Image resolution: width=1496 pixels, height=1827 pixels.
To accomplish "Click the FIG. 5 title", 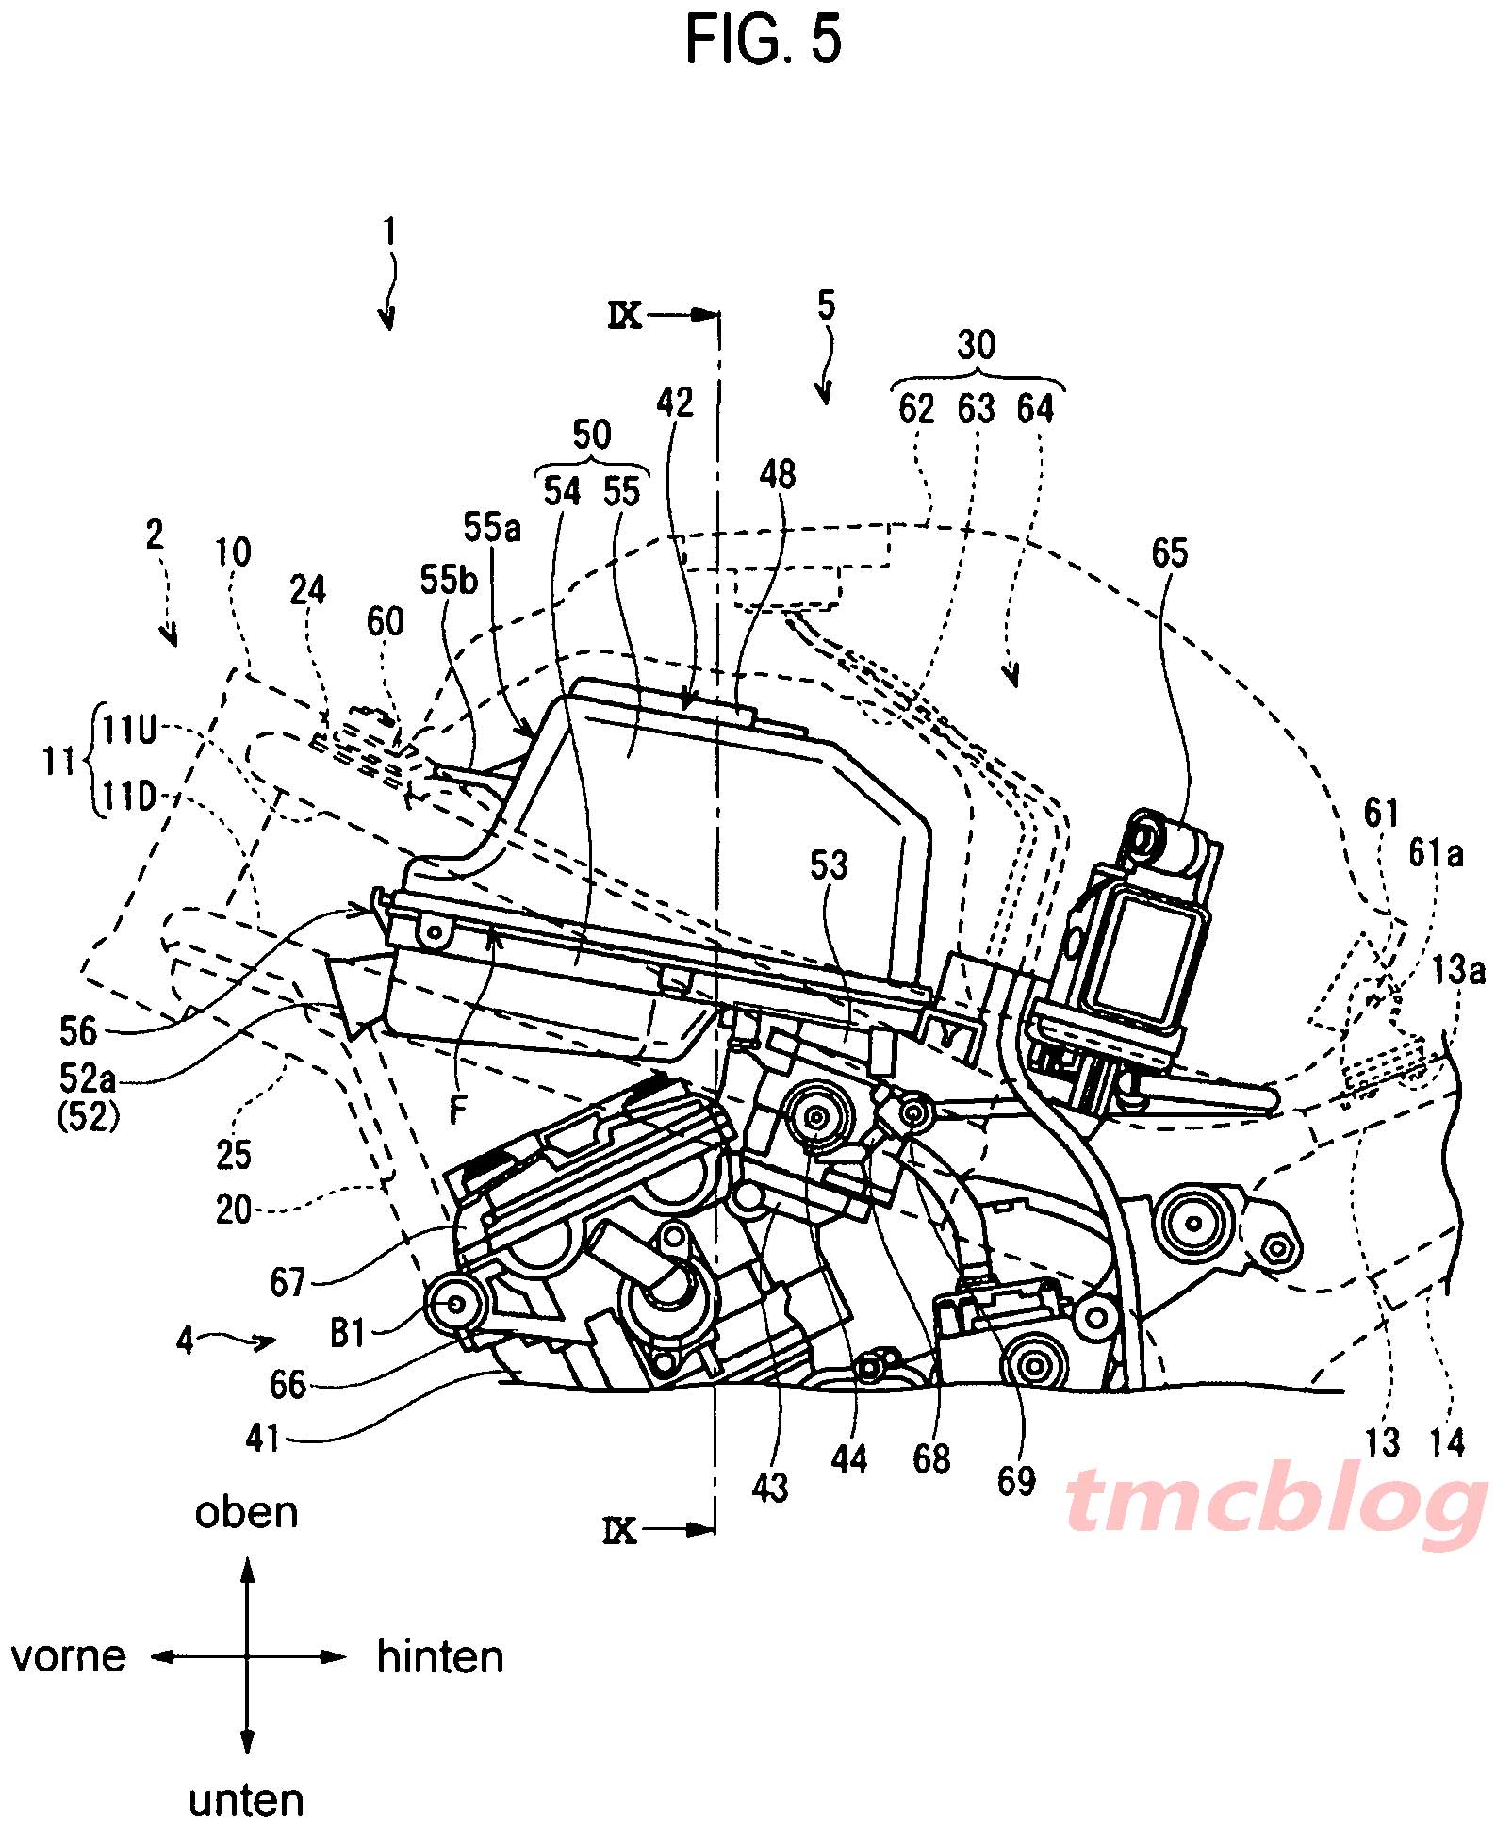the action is tap(764, 41).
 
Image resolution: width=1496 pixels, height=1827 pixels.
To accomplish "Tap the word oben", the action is tap(247, 1513).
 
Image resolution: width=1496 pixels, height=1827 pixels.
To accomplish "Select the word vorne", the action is tap(69, 1656).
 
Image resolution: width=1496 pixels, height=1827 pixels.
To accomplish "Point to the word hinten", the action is tap(440, 1656).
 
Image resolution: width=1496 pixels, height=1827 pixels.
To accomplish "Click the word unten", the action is tap(247, 1801).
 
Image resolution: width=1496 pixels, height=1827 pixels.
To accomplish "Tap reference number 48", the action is tap(777, 474).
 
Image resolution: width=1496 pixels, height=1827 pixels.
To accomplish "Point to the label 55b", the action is tap(449, 582).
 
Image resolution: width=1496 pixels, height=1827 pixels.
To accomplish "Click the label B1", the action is tap(348, 1334).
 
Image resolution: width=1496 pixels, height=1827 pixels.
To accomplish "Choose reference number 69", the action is tap(1015, 1481).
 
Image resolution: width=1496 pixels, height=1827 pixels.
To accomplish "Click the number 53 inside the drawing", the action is tap(829, 865).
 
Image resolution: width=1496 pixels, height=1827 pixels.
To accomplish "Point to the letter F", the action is tap(458, 1112).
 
